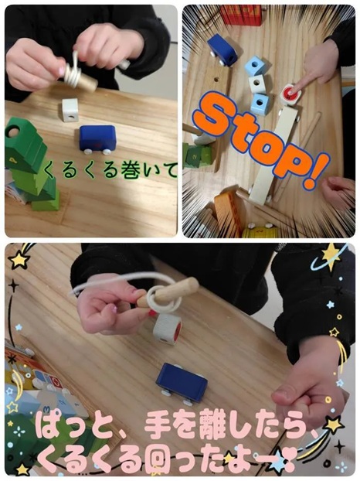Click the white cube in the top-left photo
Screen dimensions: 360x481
(x=70, y=110)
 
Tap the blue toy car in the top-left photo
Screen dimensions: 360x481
(x=98, y=139)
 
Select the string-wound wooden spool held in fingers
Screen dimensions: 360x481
(x=80, y=76)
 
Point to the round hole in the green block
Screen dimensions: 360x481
(x=13, y=132)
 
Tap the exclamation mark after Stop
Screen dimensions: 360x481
(x=315, y=170)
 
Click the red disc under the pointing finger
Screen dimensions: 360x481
(x=290, y=91)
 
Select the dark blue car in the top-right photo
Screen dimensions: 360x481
(x=222, y=49)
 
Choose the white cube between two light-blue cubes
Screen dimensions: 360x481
(x=257, y=84)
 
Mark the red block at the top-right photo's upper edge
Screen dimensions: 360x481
(x=241, y=15)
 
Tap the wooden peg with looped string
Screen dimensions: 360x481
(x=168, y=293)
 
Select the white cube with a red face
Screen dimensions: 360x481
(x=168, y=329)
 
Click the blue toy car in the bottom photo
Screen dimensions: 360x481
(x=182, y=383)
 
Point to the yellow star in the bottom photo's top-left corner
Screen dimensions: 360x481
(x=19, y=259)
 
